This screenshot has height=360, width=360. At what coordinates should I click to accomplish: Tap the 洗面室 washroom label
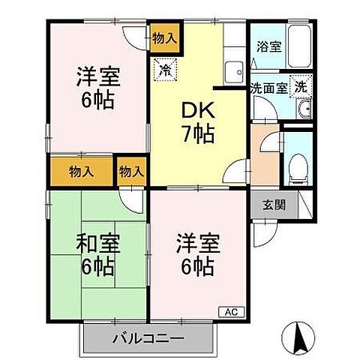pyautogui.click(x=268, y=87)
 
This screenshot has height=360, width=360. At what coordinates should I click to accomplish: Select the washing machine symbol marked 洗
pyautogui.click(x=300, y=85)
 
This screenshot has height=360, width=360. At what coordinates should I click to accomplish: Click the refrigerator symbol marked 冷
pyautogui.click(x=163, y=72)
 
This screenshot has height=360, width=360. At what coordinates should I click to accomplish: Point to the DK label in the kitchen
pyautogui.click(x=198, y=110)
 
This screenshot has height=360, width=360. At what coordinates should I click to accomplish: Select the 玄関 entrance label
pyautogui.click(x=274, y=204)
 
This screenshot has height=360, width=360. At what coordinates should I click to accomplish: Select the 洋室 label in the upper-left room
pyautogui.click(x=99, y=76)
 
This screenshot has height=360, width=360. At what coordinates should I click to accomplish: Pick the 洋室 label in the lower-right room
pyautogui.click(x=199, y=244)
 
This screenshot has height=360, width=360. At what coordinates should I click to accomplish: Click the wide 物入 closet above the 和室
pyautogui.click(x=82, y=170)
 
